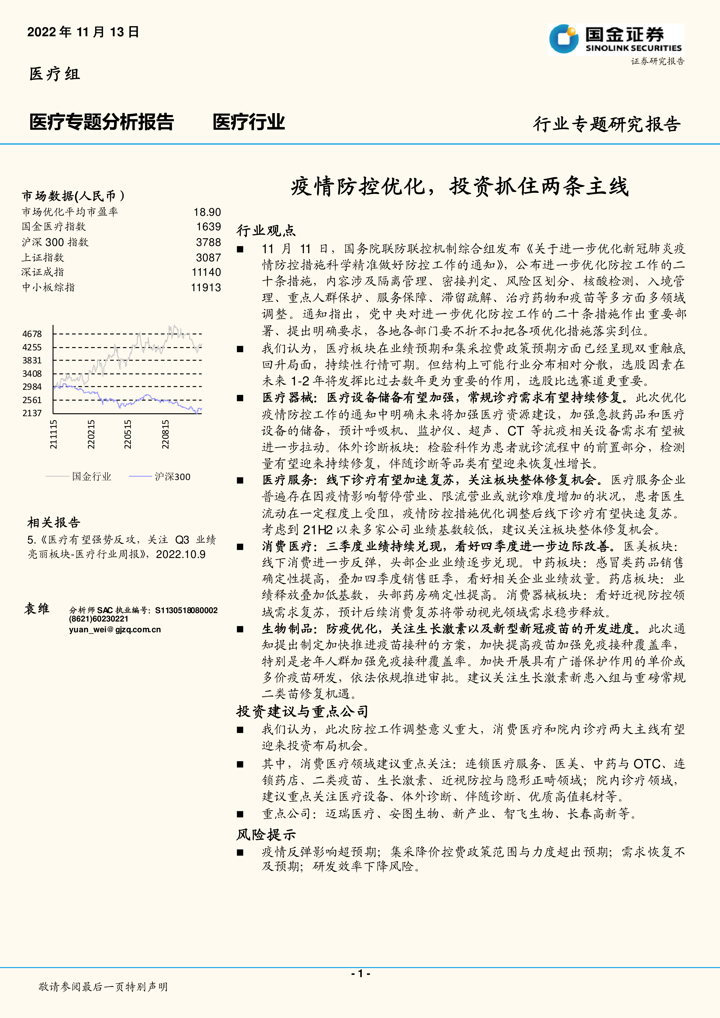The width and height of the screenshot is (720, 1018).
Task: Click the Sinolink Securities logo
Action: coord(615,39)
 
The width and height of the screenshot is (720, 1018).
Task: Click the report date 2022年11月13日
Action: coord(83,32)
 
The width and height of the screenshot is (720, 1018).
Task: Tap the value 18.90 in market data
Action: coord(207,212)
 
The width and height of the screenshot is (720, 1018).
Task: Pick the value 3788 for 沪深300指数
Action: coord(208,242)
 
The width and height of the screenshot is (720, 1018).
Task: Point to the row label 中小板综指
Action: coord(48,287)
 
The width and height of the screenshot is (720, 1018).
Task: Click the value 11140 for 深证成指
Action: coord(206,272)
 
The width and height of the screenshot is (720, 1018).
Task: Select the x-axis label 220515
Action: coord(128,434)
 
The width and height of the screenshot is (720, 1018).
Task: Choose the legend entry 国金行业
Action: coord(91,477)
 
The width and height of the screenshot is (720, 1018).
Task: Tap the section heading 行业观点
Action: coord(266,231)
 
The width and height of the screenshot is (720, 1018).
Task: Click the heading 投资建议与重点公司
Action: coord(302,712)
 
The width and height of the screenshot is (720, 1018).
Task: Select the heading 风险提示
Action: coord(266,834)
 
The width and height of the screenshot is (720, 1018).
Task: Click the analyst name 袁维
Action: coord(37,609)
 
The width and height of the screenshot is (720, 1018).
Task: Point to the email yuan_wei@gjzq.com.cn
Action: coord(115,630)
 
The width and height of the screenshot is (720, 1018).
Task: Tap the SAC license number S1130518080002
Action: coord(186,611)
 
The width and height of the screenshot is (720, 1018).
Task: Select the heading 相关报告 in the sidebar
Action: coord(54,522)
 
